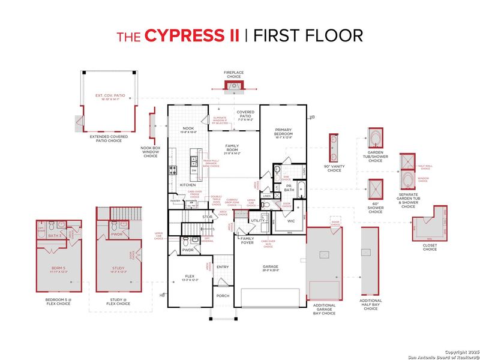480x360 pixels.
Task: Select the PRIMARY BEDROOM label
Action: [283, 131]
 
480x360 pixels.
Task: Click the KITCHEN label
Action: [188, 185]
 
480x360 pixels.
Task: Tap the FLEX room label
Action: [189, 277]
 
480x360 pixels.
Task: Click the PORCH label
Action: [222, 296]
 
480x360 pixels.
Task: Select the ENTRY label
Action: [223, 267]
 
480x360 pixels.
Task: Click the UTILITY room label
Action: [258, 221]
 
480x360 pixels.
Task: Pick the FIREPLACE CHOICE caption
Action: [233, 74]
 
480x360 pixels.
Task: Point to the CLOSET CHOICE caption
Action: [430, 246]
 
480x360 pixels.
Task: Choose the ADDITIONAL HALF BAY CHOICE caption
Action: [371, 305]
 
